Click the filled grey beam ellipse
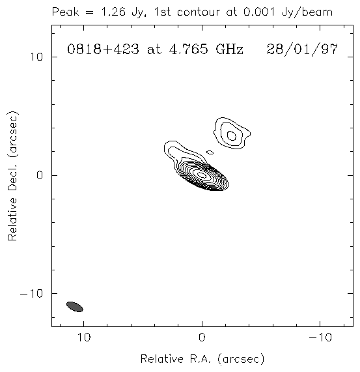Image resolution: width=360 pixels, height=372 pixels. point(75,306)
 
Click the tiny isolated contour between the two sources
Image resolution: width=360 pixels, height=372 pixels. point(210,152)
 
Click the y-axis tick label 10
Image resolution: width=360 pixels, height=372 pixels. point(36,57)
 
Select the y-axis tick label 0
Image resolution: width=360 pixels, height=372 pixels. point(40,175)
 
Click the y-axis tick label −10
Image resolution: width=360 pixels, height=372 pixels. point(31,293)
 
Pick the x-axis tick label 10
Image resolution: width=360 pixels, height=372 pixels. point(84,337)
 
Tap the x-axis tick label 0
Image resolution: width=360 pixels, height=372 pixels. point(202,337)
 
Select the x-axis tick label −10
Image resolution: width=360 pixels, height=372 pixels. point(320,337)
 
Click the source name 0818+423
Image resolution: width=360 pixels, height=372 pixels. point(103,50)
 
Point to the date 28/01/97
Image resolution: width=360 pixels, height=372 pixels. point(302,50)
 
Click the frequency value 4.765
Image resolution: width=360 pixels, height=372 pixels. point(188,50)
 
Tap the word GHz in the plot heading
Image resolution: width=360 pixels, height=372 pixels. point(229,50)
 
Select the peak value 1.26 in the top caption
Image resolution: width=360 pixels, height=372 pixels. point(113,12)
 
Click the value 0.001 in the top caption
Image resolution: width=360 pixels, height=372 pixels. point(259,12)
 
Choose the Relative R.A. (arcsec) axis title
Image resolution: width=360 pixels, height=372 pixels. point(202,359)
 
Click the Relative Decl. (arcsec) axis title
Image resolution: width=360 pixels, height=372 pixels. point(12,175)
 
